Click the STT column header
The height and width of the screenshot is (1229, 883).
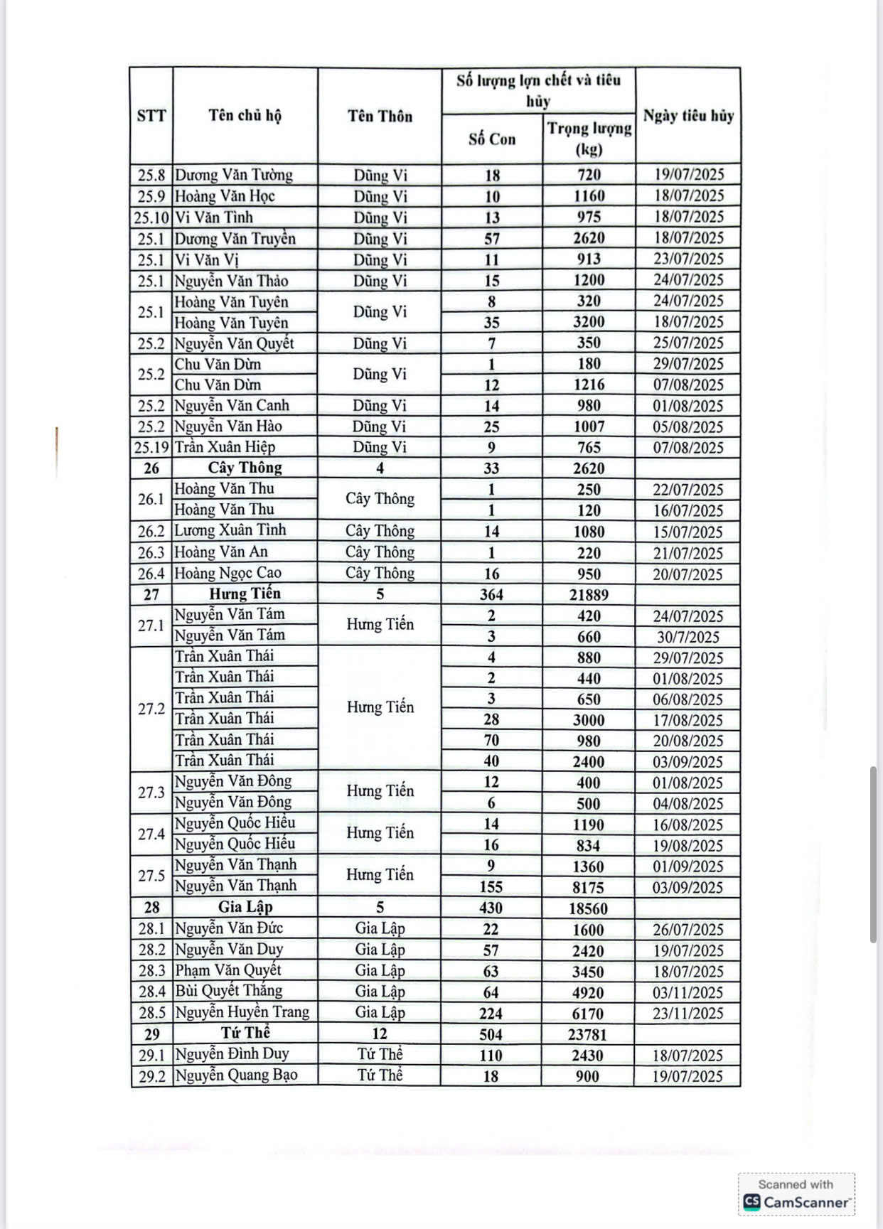[x=151, y=116]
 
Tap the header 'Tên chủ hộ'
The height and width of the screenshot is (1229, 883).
[x=245, y=115]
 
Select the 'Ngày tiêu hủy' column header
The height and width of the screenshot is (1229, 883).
[x=687, y=115]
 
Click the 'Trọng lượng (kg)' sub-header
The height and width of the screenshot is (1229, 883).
[x=589, y=138]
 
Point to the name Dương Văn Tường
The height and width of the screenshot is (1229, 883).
[x=234, y=175]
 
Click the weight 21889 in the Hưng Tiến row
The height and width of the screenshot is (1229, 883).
[x=589, y=594]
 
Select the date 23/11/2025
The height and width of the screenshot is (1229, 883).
[x=687, y=1013]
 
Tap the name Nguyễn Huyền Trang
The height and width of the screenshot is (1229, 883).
[x=242, y=1012]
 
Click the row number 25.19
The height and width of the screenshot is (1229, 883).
[x=151, y=447]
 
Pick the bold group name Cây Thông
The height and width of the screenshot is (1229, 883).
[x=245, y=468]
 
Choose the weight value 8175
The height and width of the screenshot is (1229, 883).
[x=589, y=887]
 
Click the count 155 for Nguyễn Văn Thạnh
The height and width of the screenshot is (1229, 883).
[x=491, y=887]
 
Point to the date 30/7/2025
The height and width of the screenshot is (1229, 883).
[x=687, y=637]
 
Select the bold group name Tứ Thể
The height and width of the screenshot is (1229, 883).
[x=245, y=1033]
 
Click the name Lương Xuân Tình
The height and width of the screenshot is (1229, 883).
[x=230, y=530]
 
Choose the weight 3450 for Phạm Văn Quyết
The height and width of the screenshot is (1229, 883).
[x=589, y=971]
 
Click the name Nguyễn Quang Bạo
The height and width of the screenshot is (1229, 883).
[x=236, y=1075]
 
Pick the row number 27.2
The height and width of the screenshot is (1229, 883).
[x=151, y=709]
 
